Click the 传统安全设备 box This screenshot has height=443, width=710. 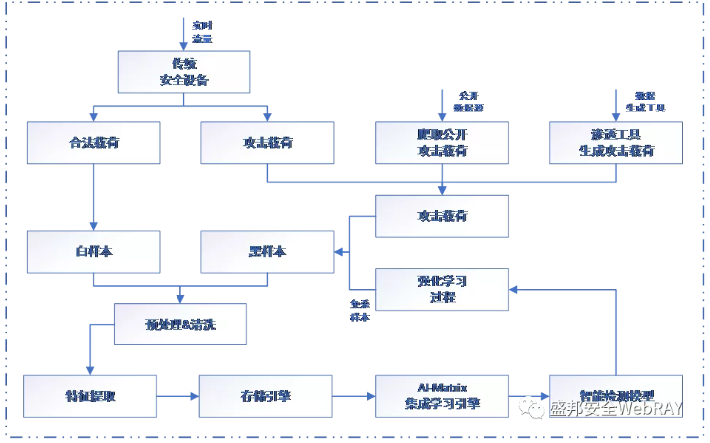click(x=182, y=71)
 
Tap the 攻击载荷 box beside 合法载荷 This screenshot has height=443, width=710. click(x=267, y=142)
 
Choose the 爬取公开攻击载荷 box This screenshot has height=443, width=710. click(x=442, y=142)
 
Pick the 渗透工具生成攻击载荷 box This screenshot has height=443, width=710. click(x=616, y=142)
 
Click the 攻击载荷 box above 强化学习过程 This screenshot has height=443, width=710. click(x=442, y=215)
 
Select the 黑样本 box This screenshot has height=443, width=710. click(x=267, y=252)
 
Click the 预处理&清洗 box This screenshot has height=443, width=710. click(x=180, y=324)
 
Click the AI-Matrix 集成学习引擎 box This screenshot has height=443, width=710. click(x=442, y=396)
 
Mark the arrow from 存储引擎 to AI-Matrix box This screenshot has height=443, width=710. click(x=353, y=396)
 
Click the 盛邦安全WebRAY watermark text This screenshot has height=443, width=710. click(x=618, y=408)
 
